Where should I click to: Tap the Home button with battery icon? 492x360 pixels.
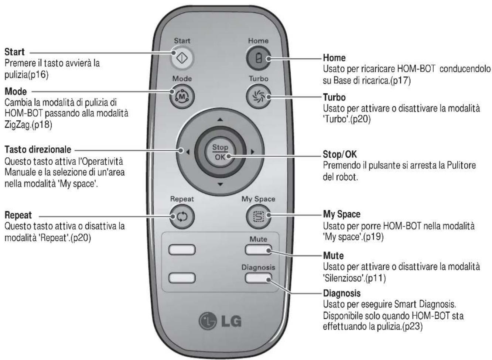pyautogui.click(x=258, y=58)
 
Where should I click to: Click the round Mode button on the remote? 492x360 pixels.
pyautogui.click(x=182, y=96)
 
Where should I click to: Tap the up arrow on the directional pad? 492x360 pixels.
pyautogui.click(x=220, y=120)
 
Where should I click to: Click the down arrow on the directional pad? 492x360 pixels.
pyautogui.click(x=220, y=184)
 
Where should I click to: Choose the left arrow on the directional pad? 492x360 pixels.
pyautogui.click(x=188, y=152)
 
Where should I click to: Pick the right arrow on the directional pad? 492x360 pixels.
pyautogui.click(x=253, y=152)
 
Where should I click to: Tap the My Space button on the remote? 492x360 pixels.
pyautogui.click(x=258, y=217)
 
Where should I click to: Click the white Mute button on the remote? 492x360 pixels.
pyautogui.click(x=258, y=250)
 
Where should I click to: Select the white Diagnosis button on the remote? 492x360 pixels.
pyautogui.click(x=258, y=278)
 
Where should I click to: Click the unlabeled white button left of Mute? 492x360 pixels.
pyautogui.click(x=182, y=250)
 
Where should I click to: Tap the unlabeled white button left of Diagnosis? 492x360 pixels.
pyautogui.click(x=182, y=278)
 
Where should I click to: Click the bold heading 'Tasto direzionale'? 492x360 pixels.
pyautogui.click(x=38, y=150)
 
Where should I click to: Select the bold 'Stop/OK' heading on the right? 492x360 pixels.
pyautogui.click(x=340, y=154)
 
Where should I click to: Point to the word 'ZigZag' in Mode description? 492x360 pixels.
pyautogui.click(x=16, y=125)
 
